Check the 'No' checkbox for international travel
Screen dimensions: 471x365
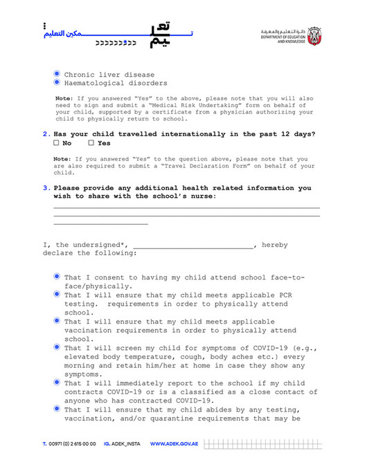point(56,144)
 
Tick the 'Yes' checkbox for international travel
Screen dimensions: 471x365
point(91,144)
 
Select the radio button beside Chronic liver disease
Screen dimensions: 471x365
point(57,74)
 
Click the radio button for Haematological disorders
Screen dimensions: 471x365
point(57,83)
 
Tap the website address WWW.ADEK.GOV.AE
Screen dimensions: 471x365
point(174,443)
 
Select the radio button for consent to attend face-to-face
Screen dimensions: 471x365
point(57,277)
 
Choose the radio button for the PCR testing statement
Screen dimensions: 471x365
point(57,294)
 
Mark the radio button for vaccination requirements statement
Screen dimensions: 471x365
point(57,321)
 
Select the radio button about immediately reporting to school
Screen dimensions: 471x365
point(57,382)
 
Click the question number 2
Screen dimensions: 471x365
point(46,134)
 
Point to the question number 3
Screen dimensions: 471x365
point(46,187)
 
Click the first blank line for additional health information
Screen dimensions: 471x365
point(186,206)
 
